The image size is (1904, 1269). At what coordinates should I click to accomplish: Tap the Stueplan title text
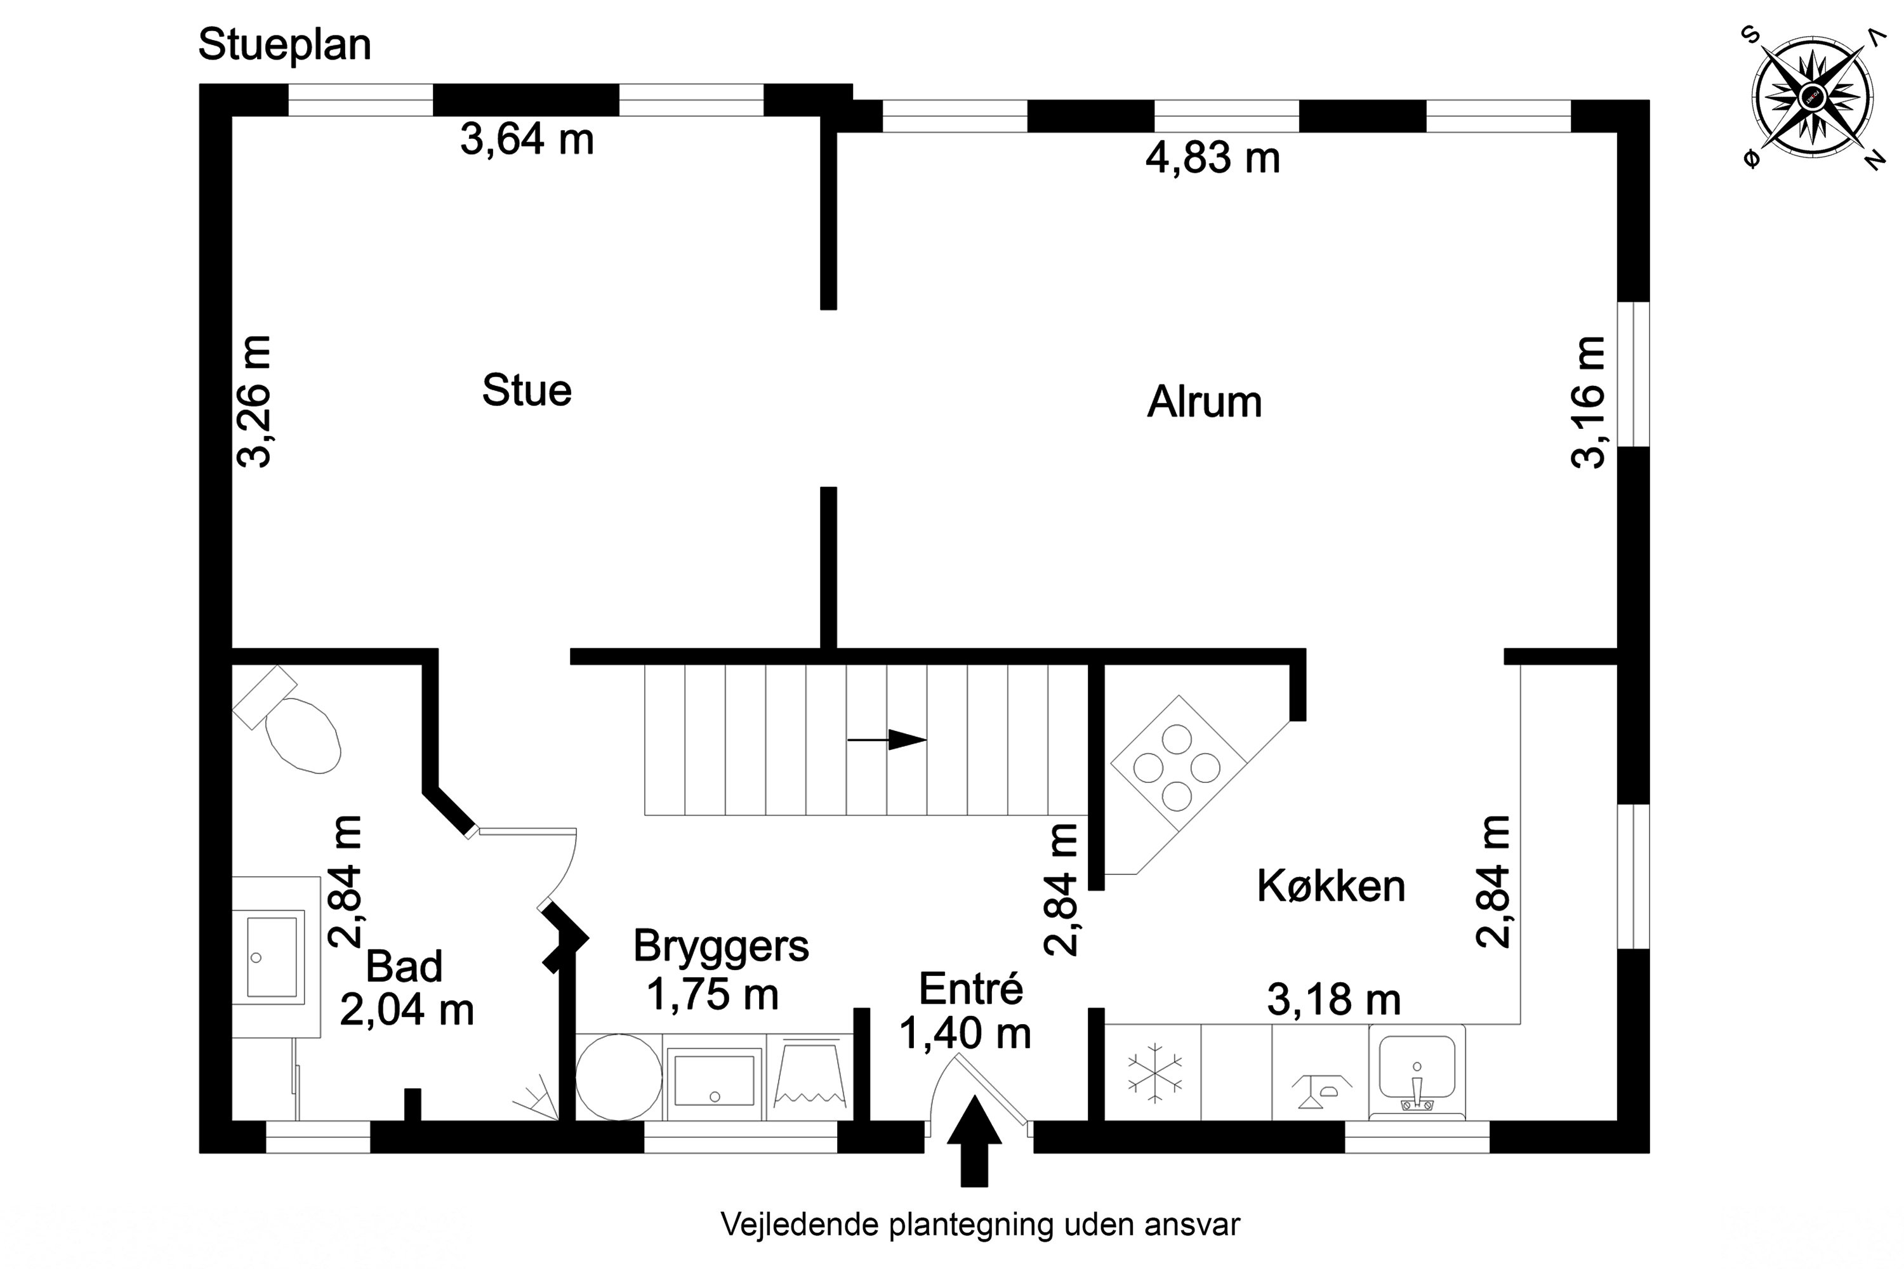pos(284,44)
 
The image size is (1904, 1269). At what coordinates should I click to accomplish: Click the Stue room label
pos(527,390)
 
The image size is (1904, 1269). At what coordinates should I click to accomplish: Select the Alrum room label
pos(1204,402)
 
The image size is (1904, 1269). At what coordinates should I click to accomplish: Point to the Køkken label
pos(1330,886)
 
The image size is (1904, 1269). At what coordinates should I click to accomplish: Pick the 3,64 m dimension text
pos(527,139)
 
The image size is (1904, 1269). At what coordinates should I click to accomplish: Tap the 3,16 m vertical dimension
pos(1587,402)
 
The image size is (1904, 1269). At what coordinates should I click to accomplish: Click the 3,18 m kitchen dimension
pos(1333,1001)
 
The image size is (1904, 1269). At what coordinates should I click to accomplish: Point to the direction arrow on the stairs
pos(887,740)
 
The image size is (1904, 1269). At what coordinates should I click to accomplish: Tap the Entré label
pos(970,989)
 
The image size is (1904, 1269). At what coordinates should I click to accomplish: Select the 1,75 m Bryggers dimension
pos(712,995)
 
